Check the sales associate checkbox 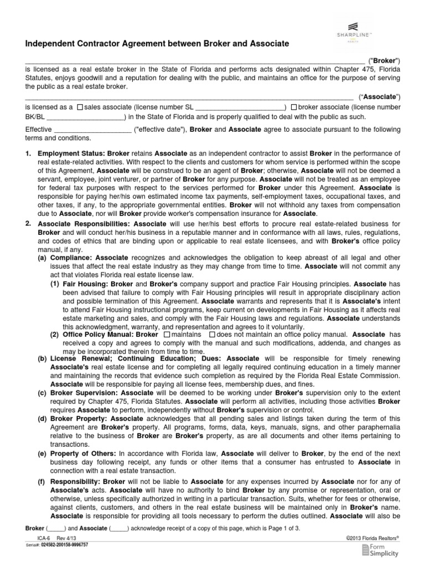click(80, 107)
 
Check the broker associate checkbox click(293, 107)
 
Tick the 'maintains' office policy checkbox click(167, 335)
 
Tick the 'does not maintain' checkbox click(212, 335)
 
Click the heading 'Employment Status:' click(71, 152)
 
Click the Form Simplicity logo click(380, 550)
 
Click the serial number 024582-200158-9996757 click(64, 545)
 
